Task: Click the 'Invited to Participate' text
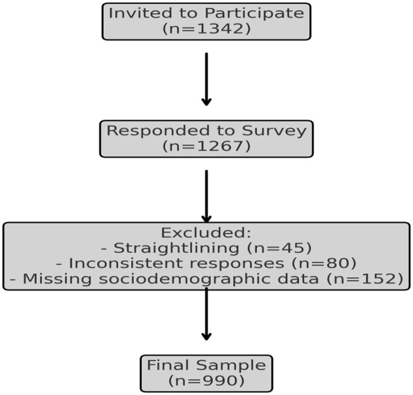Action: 206,13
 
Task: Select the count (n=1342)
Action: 206,29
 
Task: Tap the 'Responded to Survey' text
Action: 206,130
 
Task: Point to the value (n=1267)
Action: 206,146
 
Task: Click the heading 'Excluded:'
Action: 206,233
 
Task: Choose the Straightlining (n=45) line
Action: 206,248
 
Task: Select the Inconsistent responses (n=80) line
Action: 206,263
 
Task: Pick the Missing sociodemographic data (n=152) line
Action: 206,279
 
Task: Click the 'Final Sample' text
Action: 206,365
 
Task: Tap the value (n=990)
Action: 206,381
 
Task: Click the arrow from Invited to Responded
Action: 206,79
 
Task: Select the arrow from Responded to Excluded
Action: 206,197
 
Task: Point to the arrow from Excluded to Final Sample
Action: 206,314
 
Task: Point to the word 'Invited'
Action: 131,13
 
